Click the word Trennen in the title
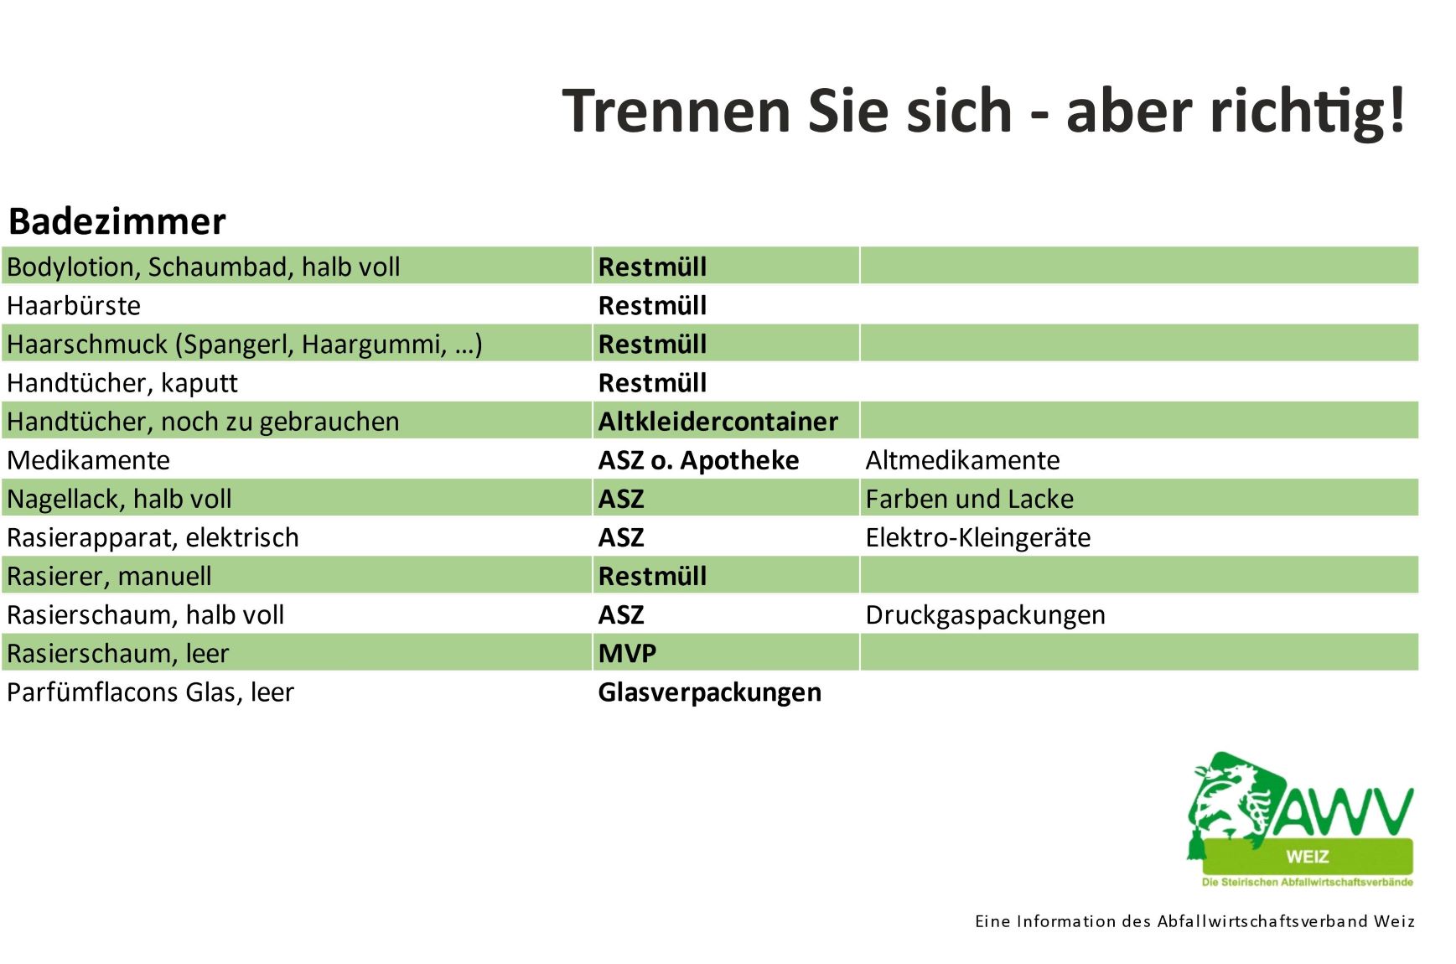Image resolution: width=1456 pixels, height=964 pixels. point(676,111)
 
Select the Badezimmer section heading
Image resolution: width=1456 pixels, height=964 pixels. point(117,221)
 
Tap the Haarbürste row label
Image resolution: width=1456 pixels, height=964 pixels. point(74,305)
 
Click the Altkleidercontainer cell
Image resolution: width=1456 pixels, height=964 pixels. point(718,421)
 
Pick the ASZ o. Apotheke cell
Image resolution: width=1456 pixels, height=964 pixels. point(698,460)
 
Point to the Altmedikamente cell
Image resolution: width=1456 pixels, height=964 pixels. point(962,460)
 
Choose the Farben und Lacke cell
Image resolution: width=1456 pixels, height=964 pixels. point(969,499)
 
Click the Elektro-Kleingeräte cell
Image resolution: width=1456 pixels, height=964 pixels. point(978,537)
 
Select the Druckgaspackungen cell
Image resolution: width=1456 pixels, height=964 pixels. point(985,615)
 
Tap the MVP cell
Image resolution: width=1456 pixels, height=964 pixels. point(627,653)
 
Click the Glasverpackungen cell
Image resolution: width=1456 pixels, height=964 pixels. point(709,692)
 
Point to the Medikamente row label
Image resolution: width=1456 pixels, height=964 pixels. point(88,460)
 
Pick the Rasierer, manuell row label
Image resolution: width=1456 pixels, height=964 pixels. point(109,576)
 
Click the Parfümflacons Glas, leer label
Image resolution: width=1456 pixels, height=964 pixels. point(151,692)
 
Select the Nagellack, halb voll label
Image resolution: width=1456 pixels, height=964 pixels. point(119,499)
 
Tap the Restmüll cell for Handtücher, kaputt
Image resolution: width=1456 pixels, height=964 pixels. point(652,382)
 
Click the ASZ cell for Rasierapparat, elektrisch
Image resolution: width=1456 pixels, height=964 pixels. point(621,537)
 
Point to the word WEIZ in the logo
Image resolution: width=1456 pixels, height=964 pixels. point(1307,857)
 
